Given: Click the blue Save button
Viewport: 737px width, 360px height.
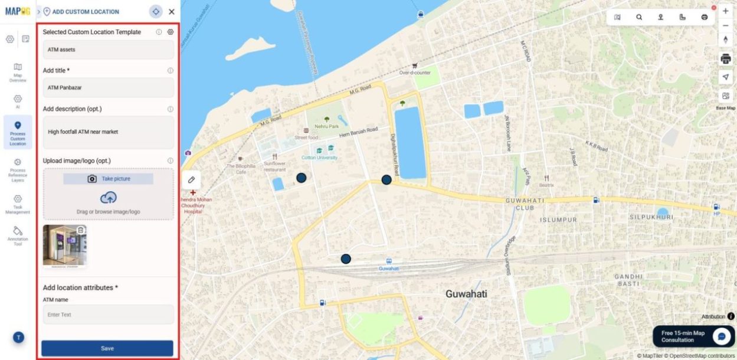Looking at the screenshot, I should click(x=107, y=348).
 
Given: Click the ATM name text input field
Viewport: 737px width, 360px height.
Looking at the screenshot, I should click(x=108, y=315).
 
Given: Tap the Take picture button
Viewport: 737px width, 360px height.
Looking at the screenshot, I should click(x=109, y=179).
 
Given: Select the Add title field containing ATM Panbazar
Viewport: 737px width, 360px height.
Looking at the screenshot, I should click(x=108, y=88).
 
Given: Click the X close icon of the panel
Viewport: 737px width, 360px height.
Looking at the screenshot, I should click(x=172, y=12).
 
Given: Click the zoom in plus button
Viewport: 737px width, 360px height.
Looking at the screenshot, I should click(x=726, y=11).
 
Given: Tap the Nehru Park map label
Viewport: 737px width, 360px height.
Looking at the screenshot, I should click(x=326, y=126).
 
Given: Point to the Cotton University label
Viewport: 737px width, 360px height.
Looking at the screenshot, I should click(x=319, y=158).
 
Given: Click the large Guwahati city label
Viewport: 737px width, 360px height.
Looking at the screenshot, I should click(x=466, y=294).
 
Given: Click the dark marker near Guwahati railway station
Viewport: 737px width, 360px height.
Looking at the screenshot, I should click(x=346, y=258).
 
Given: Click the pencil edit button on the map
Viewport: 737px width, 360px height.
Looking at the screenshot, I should click(x=191, y=179).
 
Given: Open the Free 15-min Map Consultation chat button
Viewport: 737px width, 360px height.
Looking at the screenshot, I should click(x=722, y=336).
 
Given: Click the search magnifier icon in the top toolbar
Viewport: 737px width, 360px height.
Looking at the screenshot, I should click(x=639, y=17).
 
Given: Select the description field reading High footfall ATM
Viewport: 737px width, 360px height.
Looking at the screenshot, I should click(x=108, y=132).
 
